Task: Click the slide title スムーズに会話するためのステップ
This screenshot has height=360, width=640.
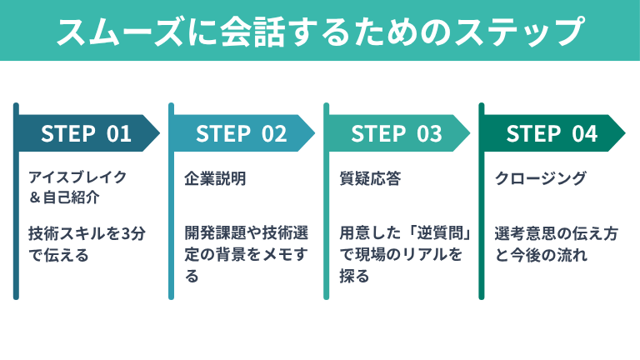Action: [320, 31]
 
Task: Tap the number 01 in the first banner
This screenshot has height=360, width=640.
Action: [119, 133]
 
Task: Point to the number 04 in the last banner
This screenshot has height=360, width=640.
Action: [585, 133]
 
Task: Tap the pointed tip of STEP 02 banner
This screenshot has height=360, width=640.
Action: [310, 133]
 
